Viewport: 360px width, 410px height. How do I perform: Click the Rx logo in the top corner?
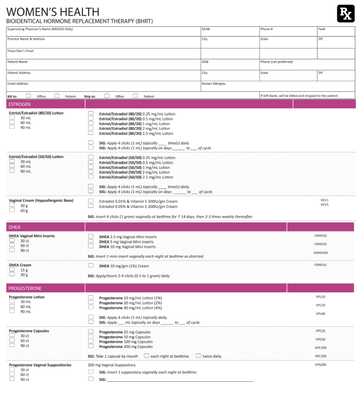(x=345, y=13)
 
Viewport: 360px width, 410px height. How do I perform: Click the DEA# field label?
(x=206, y=29)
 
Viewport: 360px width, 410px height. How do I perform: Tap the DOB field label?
(x=205, y=62)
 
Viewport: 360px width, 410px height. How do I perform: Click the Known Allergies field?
(x=278, y=86)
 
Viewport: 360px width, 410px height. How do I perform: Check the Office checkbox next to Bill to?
(x=28, y=96)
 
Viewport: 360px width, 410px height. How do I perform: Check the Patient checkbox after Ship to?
(x=135, y=96)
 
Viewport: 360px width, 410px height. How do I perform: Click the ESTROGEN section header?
(x=19, y=104)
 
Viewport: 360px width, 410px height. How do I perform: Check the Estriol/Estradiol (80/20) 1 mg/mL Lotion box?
(x=91, y=124)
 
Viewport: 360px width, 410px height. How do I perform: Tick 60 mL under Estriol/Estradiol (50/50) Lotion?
(x=12, y=166)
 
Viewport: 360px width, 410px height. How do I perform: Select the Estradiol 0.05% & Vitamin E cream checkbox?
(x=91, y=207)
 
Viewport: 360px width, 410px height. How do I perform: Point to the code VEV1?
(x=324, y=200)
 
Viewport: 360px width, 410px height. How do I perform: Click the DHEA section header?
(x=14, y=227)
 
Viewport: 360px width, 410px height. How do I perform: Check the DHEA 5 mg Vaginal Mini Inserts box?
(x=91, y=242)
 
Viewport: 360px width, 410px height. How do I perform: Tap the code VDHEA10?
(x=321, y=253)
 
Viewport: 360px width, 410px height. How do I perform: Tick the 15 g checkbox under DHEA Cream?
(x=12, y=270)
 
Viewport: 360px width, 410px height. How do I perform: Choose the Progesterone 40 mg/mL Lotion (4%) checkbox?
(x=91, y=308)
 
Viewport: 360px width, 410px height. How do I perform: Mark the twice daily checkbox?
(x=198, y=356)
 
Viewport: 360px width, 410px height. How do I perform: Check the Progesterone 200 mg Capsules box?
(x=91, y=347)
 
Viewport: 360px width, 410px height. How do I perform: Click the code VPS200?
(x=321, y=365)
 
